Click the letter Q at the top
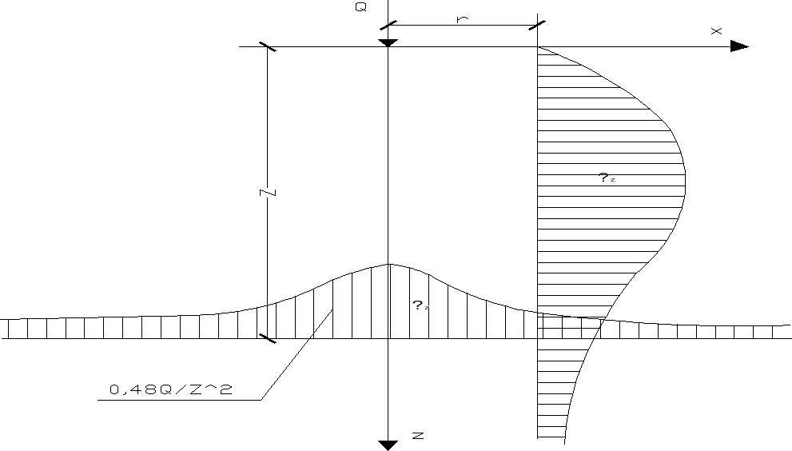point(361,6)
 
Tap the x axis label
point(716,30)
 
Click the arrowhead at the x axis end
point(739,46)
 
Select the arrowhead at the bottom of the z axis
point(388,445)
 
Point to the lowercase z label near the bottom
point(417,436)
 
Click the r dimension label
point(462,18)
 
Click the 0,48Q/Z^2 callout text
point(170,390)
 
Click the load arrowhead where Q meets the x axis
point(388,42)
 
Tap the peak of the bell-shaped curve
point(388,264)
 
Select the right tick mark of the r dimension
point(537,26)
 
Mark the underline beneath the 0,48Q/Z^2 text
point(180,400)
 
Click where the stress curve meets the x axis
point(538,46)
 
